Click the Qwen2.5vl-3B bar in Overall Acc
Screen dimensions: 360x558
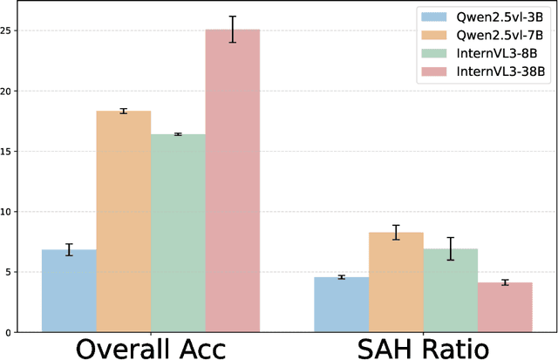click(x=69, y=291)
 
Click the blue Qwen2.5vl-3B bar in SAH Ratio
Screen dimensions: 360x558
click(x=341, y=304)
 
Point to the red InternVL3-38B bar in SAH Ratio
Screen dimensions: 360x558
click(x=505, y=307)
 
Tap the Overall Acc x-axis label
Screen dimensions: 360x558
click(x=151, y=348)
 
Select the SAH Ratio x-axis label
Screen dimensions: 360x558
click(x=423, y=348)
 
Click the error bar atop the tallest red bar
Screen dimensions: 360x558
click(x=233, y=29)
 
